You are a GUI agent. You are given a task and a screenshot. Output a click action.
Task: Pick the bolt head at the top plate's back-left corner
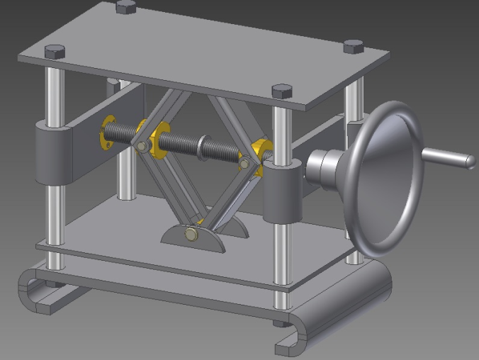click(x=125, y=6)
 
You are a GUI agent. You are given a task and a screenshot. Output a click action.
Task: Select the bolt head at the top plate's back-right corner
click(x=353, y=47)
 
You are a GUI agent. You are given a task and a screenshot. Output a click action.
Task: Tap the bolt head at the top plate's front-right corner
click(x=281, y=91)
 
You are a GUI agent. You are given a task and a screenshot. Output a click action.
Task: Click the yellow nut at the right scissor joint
click(x=260, y=150)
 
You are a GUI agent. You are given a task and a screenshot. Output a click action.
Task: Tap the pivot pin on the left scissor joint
click(x=142, y=146)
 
